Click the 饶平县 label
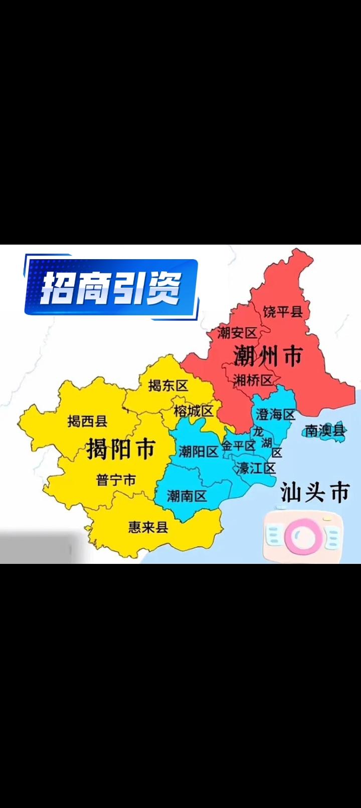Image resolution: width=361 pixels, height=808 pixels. tap(283, 312)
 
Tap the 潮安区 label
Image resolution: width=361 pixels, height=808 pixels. tap(237, 332)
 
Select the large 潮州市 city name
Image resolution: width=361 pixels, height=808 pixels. tap(268, 356)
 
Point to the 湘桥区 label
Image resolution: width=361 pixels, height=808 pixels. tap(253, 380)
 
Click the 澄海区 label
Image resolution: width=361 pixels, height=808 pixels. tap(276, 414)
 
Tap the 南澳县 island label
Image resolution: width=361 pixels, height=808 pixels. tap(325, 430)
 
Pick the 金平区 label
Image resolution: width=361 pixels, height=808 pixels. tap(239, 446)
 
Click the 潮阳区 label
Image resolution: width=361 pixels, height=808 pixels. tap(199, 451)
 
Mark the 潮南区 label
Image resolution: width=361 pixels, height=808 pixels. tap(187, 496)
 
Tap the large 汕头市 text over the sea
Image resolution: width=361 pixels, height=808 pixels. tap(314, 492)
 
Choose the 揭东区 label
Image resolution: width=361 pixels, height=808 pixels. tap(168, 385)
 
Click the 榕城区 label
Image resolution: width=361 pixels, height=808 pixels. tap(194, 411)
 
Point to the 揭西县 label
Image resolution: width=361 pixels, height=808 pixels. tap(87, 421)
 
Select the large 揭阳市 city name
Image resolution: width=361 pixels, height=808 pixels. tap(121, 448)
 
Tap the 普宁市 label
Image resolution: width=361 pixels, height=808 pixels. tap(116, 480)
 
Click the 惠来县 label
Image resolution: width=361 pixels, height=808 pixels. tap(148, 527)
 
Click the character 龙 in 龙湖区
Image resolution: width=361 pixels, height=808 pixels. tap(258, 431)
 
